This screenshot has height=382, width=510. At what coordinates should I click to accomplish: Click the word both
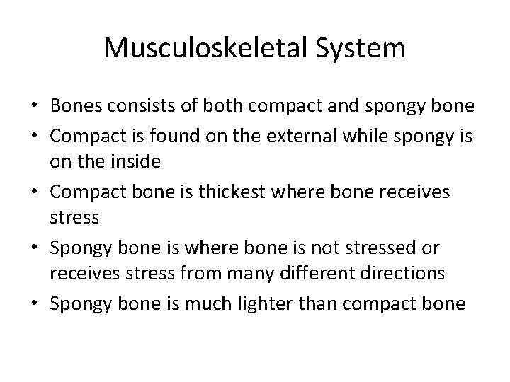click(x=214, y=105)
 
